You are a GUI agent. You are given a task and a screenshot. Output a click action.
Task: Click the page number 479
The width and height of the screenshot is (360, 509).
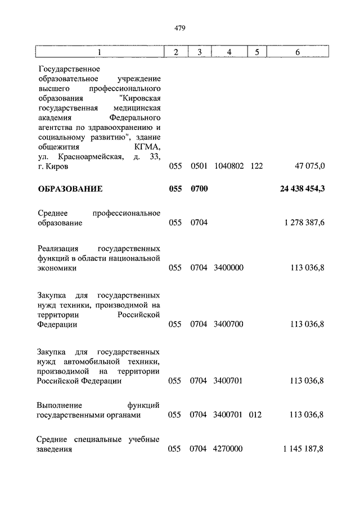point(180,28)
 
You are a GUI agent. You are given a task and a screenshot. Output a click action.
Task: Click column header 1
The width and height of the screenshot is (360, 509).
point(100,52)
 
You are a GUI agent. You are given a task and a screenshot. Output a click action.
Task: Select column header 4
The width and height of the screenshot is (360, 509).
point(229,52)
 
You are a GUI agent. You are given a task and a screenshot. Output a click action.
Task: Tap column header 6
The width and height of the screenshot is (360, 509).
point(298,52)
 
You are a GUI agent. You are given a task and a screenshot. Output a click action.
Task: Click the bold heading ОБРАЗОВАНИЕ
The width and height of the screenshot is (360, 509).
point(70,190)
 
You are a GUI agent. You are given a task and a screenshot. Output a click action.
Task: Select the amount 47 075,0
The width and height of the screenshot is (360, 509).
point(309,166)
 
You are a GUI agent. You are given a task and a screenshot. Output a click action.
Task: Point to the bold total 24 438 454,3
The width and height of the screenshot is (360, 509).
point(302,190)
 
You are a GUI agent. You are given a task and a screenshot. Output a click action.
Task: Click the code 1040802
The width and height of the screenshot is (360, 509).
point(229,166)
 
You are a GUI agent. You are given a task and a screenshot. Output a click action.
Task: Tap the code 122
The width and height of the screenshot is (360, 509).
point(256,166)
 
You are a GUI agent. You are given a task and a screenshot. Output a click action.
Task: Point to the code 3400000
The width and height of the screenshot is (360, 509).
point(229,268)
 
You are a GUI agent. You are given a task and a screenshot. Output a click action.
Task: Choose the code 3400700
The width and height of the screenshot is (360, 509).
point(229,325)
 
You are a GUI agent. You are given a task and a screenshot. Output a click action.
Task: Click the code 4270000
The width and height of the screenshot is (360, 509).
point(229,449)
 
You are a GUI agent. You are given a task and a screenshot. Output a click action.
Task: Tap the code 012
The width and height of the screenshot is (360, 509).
point(256,416)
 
